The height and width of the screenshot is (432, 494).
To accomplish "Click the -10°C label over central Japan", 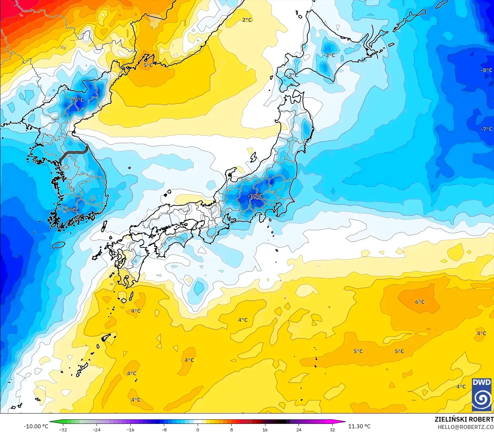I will click(255, 196).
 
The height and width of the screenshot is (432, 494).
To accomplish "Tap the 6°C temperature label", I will click(420, 302).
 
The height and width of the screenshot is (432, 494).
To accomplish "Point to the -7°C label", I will click(486, 129).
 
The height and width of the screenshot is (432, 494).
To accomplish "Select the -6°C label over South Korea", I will click(70, 210).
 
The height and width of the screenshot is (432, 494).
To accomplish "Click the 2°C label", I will click(247, 20).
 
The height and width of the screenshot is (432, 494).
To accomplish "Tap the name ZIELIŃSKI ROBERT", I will click(464, 419).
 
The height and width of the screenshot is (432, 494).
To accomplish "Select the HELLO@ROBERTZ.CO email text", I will click(466, 427).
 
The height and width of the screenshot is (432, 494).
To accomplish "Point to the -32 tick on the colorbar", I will click(63, 429).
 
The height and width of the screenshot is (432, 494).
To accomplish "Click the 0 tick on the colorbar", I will click(198, 429).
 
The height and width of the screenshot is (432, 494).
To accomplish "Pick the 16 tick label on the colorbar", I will click(265, 429).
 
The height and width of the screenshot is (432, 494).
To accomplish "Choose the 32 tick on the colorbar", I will click(332, 429).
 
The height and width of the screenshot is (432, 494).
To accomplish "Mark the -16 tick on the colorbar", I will click(130, 429).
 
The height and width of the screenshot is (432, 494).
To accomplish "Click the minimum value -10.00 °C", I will click(36, 426).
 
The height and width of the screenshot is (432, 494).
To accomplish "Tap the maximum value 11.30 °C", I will click(359, 426).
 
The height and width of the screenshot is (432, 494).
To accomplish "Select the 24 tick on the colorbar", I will click(299, 429).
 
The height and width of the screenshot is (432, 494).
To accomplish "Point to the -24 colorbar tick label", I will click(97, 429).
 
